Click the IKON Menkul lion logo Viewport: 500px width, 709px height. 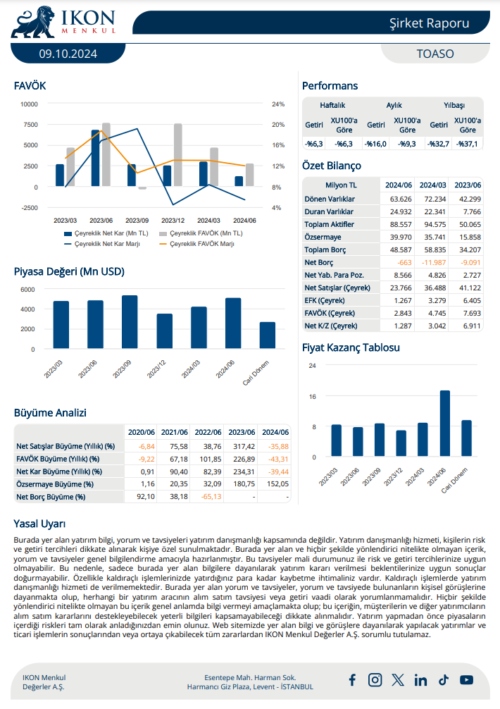(x=30, y=23)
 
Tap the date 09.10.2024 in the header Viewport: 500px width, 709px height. (x=68, y=54)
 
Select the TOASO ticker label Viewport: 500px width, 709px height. (x=435, y=54)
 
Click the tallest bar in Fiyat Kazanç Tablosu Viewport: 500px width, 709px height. (x=445, y=423)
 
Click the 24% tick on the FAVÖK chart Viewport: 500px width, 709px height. (x=277, y=104)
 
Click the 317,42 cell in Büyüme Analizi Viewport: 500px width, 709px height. (x=243, y=446)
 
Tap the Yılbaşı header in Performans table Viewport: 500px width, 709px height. (x=454, y=105)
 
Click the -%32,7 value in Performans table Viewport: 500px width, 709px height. (x=439, y=144)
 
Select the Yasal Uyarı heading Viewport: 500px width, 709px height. (x=39, y=524)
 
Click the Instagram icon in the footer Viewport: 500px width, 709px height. (x=375, y=679)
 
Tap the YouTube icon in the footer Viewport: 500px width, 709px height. (x=466, y=679)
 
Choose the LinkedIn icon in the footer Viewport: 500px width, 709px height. (x=420, y=679)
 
